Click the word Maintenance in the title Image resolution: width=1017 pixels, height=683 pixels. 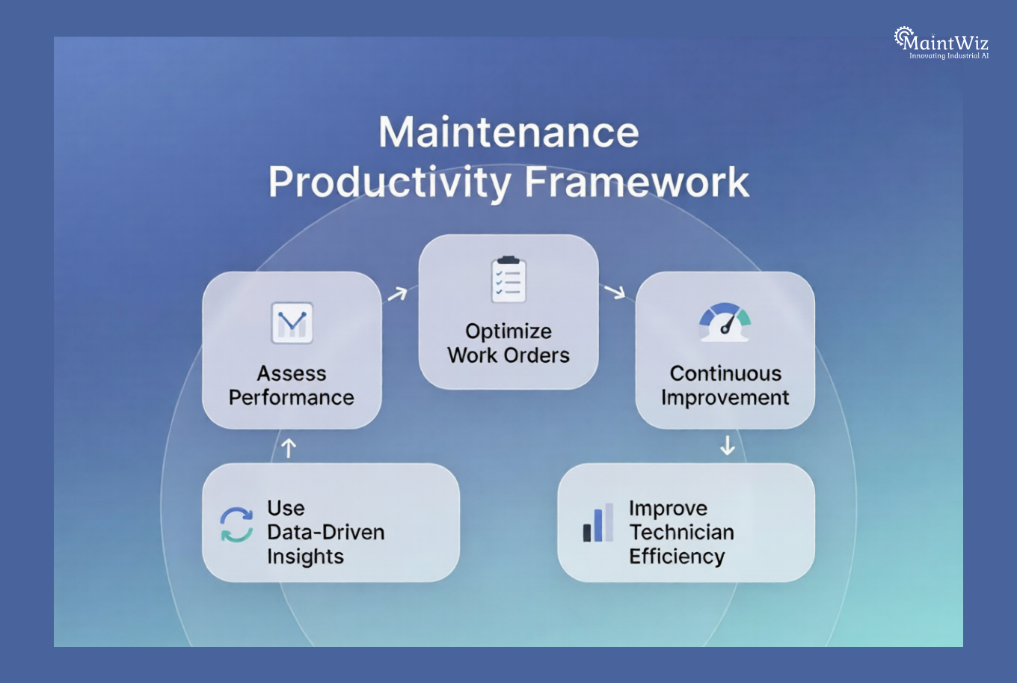pyautogui.click(x=508, y=132)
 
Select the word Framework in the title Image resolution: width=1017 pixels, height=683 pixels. pyautogui.click(x=636, y=182)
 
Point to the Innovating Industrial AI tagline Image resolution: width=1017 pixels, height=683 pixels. pyautogui.click(x=948, y=56)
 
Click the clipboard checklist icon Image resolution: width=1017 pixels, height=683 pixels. pyautogui.click(x=508, y=280)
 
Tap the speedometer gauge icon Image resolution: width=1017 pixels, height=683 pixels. pyautogui.click(x=725, y=322)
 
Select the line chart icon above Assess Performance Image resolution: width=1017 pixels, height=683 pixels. pyautogui.click(x=292, y=323)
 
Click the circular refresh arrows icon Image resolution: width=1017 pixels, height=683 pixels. pyautogui.click(x=236, y=524)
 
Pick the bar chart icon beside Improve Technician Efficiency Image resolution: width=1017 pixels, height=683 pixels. pyautogui.click(x=598, y=522)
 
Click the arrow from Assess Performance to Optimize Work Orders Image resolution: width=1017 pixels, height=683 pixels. pyautogui.click(x=397, y=293)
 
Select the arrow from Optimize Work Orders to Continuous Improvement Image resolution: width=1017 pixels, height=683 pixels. pyautogui.click(x=615, y=291)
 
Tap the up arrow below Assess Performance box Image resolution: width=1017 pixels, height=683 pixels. pyautogui.click(x=289, y=447)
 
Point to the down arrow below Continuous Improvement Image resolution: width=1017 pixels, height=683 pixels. pyautogui.click(x=727, y=446)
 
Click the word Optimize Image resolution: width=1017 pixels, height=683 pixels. pyautogui.click(x=508, y=331)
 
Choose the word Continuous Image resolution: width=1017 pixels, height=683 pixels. pyautogui.click(x=725, y=373)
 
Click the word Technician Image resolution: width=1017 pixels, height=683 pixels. pyautogui.click(x=681, y=532)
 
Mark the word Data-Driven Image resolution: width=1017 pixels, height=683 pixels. pyautogui.click(x=326, y=532)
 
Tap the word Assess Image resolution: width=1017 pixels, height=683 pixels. pyautogui.click(x=292, y=373)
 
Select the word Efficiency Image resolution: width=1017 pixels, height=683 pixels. pyautogui.click(x=677, y=557)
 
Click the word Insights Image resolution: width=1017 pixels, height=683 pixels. pyautogui.click(x=305, y=557)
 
